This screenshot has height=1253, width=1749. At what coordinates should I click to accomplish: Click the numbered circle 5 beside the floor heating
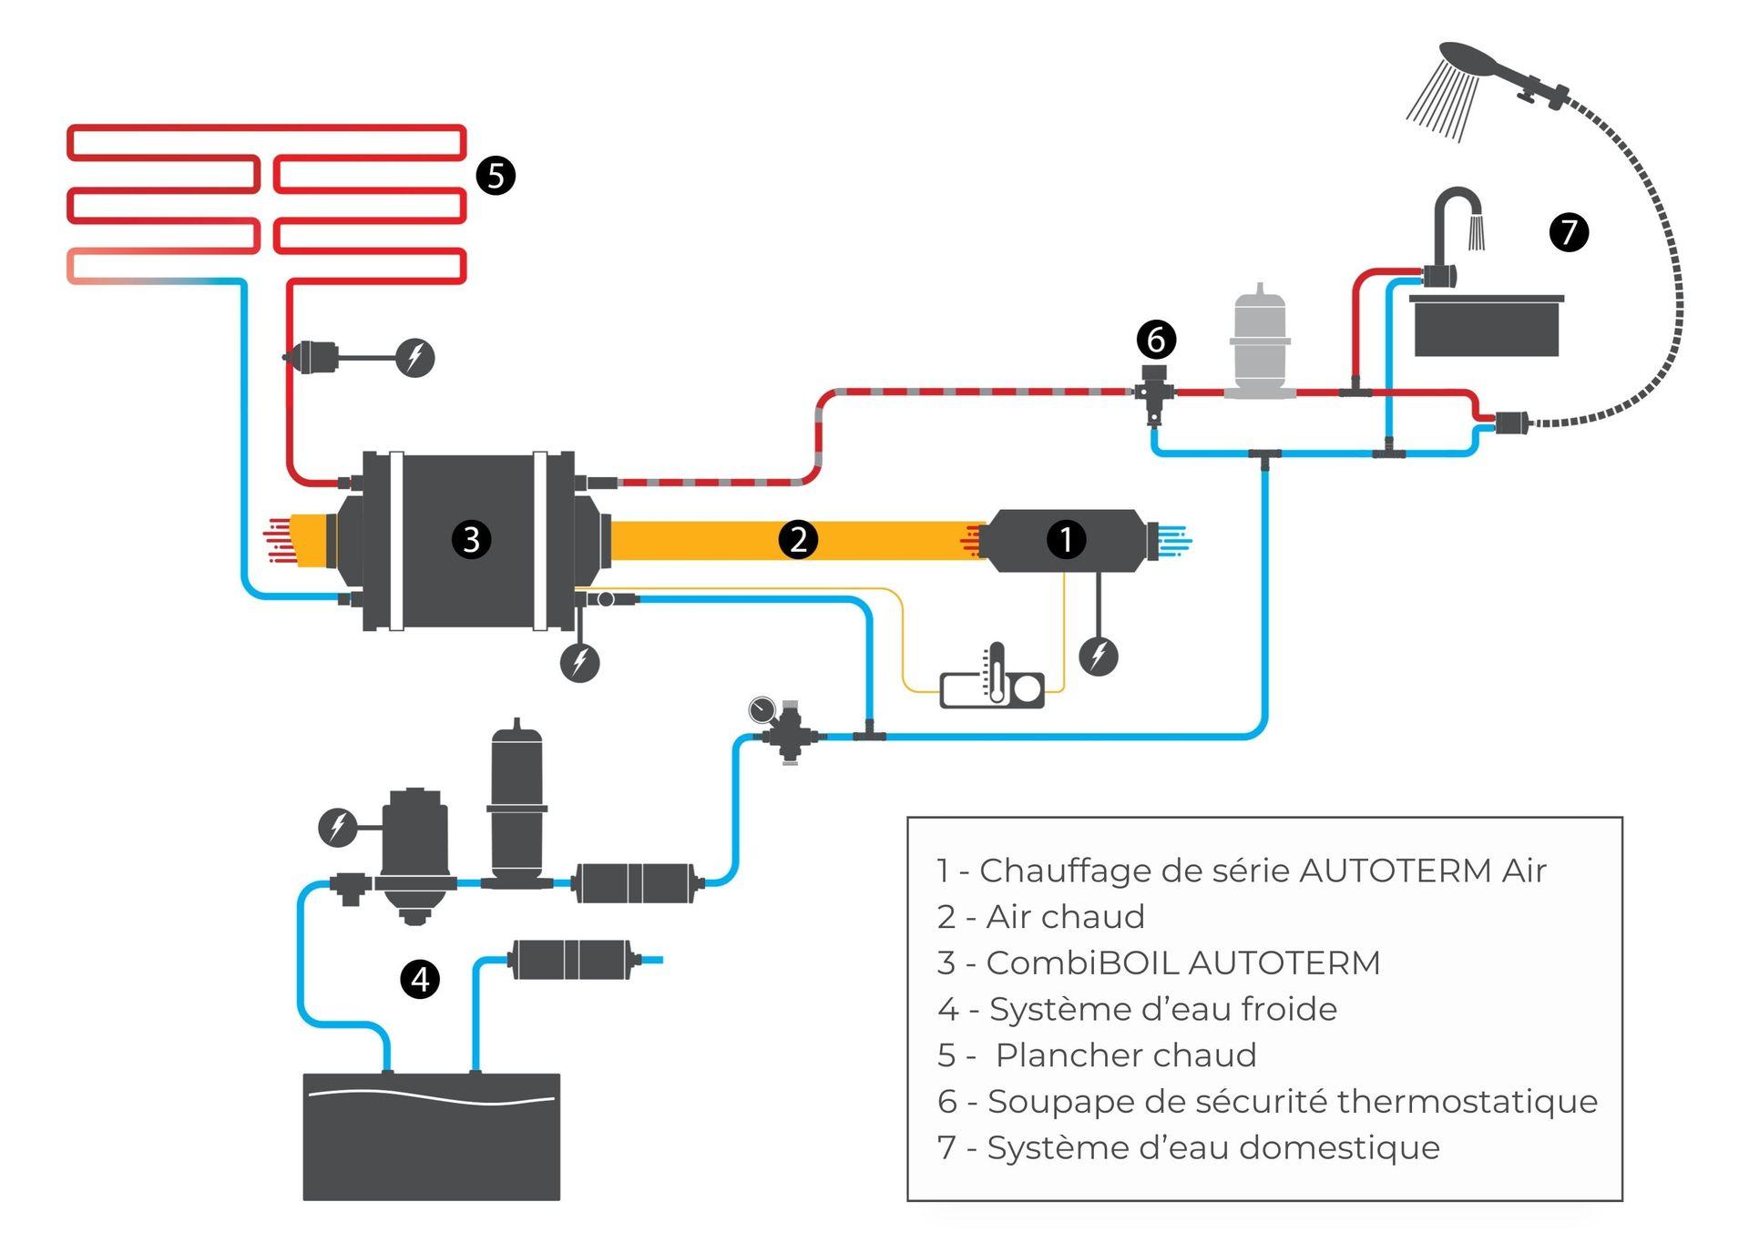(496, 175)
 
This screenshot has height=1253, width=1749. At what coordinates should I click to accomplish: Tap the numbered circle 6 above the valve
(1156, 340)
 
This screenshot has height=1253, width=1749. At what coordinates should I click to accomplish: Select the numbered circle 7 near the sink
(1569, 231)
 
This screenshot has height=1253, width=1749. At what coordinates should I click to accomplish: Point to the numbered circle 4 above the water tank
(420, 979)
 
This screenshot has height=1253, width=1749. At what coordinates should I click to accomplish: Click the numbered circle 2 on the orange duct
(798, 539)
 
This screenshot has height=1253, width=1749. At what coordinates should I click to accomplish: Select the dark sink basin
(1487, 325)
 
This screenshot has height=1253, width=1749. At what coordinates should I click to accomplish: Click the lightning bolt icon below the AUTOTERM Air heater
(1099, 656)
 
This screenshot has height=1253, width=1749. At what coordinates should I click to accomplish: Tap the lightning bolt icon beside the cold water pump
(337, 827)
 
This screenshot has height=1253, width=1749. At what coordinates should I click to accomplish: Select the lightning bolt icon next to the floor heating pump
(414, 357)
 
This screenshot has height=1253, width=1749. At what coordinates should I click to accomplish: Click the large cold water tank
(431, 1136)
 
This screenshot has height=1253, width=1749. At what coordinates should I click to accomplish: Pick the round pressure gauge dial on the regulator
(762, 708)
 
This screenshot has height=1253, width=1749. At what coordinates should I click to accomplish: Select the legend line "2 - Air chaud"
(1040, 916)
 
